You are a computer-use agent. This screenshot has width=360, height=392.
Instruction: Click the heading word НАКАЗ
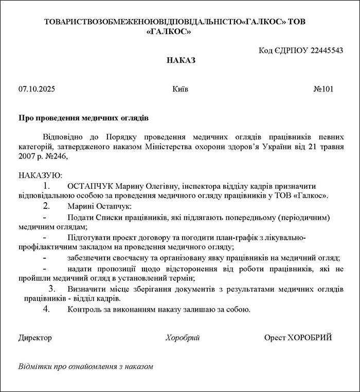click(181, 60)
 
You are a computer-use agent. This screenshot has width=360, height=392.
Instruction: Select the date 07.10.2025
click(37, 89)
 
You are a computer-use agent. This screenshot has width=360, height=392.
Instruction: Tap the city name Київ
click(181, 89)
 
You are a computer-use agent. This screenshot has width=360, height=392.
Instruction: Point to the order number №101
click(323, 89)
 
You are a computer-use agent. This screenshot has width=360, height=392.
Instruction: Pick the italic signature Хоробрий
click(183, 337)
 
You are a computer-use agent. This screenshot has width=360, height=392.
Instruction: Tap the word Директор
click(35, 337)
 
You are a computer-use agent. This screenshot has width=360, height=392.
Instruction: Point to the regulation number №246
click(56, 157)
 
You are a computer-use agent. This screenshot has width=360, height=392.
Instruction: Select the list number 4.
click(46, 309)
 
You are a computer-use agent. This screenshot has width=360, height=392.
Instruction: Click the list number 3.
click(51, 289)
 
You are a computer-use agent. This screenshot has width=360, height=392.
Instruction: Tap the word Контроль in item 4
click(83, 309)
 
